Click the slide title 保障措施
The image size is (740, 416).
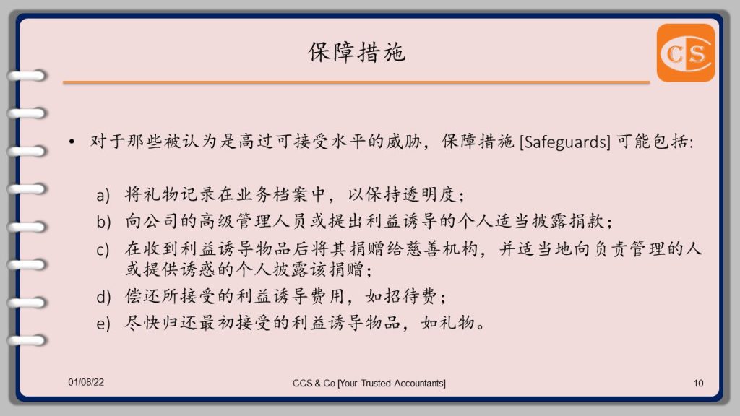(356, 52)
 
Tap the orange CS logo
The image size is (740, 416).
(686, 53)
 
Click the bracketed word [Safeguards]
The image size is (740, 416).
(565, 142)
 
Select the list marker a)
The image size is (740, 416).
(103, 195)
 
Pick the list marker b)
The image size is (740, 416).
(103, 221)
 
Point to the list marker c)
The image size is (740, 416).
(103, 249)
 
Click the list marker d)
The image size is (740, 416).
(103, 297)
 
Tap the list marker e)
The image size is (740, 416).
(103, 324)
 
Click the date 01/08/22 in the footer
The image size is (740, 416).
(86, 382)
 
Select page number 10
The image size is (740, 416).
(699, 383)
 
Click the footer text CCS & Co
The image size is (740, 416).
(314, 383)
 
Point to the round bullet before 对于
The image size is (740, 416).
(72, 142)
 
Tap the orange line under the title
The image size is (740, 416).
(356, 82)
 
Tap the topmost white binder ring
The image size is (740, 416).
(27, 75)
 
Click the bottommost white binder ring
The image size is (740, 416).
(27, 340)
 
